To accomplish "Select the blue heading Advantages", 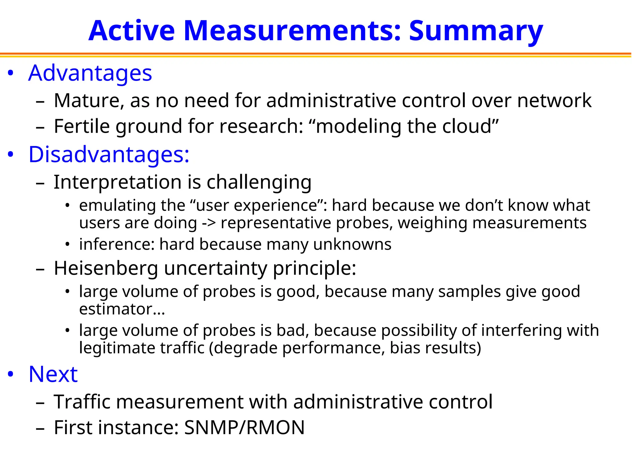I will (x=90, y=73).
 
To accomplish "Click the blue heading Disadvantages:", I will (x=109, y=154).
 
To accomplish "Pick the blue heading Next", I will (x=53, y=374).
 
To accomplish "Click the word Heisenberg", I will (x=106, y=268).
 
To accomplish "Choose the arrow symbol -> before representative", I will (x=209, y=223).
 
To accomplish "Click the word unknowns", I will (x=352, y=245).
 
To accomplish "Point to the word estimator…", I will (x=122, y=309).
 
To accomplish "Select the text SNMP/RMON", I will (x=244, y=428).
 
